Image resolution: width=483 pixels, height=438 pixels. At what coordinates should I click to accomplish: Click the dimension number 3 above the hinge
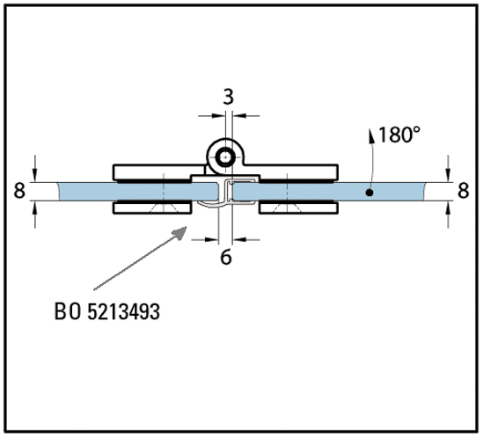pos(228,97)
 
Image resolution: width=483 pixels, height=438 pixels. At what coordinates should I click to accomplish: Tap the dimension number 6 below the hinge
pos(226,257)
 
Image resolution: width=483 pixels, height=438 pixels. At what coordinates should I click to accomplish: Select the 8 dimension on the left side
pos(19,190)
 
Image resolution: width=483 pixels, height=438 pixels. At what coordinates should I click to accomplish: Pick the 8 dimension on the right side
pos(464,190)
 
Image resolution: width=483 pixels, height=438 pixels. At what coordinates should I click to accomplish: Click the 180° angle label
pos(399,135)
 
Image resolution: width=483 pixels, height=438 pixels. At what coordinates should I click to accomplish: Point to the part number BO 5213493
pos(107,311)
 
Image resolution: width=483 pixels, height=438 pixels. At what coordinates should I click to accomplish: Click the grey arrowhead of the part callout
pos(179,232)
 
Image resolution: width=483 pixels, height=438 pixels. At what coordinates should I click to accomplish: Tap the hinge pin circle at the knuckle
pos(226,157)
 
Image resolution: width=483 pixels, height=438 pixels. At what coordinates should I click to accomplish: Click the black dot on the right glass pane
pos(370,193)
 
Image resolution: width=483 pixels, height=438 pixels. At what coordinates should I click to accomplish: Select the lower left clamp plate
pos(152,208)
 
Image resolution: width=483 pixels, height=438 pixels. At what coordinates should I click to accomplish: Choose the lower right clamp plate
pos(298,208)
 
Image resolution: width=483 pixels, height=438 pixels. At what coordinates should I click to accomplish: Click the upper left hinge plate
pos(158,172)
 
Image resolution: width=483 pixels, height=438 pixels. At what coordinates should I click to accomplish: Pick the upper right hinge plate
pos(292,172)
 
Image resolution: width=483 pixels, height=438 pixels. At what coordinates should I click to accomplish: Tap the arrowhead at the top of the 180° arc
pos(371,135)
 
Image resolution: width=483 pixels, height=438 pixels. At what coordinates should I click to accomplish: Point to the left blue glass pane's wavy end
pos(59,192)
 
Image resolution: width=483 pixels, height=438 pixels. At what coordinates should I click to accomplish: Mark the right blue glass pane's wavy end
pos(425,192)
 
